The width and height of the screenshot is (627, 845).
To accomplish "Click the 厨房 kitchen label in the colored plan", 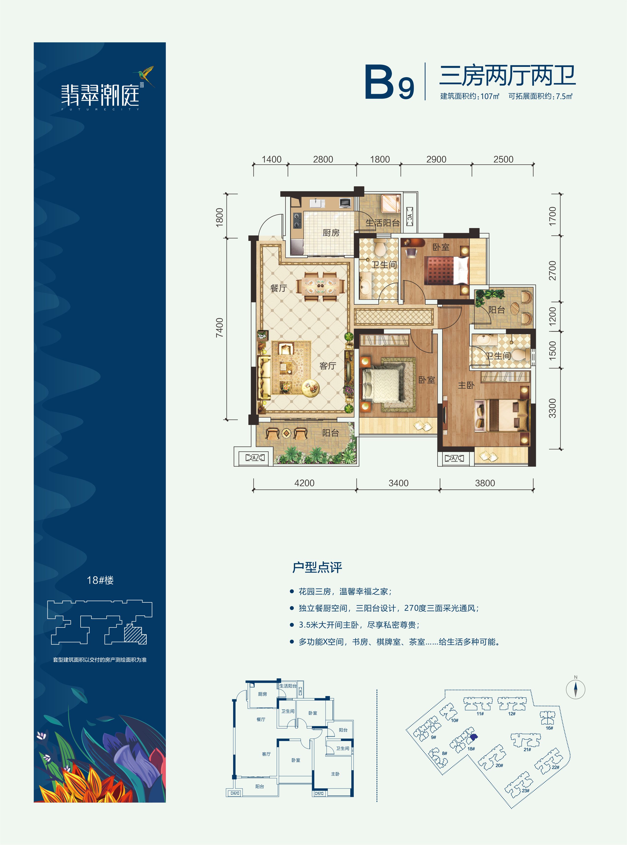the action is coord(331,233).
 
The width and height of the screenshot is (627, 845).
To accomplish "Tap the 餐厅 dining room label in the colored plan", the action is coord(279,288).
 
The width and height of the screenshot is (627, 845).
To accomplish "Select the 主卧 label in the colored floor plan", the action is coord(466,385).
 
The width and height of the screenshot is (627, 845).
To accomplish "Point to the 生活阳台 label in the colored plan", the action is coord(383,223).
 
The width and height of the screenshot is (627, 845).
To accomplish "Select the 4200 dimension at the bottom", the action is coord(304,483).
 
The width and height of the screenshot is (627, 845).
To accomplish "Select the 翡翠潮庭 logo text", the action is coord(100,95).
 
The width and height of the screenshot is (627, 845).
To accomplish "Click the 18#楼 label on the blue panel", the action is coord(100,580).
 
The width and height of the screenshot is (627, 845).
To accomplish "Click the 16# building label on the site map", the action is coord(549,728).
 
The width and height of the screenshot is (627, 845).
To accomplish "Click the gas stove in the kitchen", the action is coord(297,220).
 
